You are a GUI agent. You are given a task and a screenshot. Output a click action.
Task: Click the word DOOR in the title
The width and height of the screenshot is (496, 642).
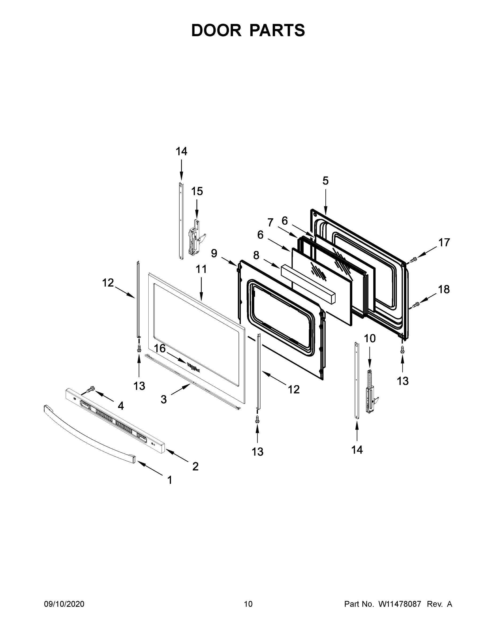pos(216,30)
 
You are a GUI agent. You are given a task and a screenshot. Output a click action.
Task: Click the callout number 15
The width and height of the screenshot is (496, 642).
pos(197,191)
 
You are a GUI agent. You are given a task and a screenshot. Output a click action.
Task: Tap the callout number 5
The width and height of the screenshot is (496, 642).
pos(325,181)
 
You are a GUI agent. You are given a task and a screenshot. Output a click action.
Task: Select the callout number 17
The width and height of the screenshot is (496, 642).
pos(444,243)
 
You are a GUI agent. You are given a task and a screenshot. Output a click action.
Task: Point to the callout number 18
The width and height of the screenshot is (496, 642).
pos(444,289)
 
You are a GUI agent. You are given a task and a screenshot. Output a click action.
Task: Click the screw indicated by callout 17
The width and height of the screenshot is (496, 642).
pos(414,259)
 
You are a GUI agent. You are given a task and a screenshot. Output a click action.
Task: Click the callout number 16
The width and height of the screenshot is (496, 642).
pos(160,349)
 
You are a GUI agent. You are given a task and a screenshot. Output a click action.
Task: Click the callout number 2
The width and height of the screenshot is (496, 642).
pos(195,466)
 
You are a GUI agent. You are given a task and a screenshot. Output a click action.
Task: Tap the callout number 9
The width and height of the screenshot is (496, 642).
pos(214,253)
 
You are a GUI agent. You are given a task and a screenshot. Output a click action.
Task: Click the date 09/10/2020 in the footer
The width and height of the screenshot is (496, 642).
pos(64,604)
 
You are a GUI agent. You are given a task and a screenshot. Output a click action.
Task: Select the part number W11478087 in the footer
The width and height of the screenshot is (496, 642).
pos(400,604)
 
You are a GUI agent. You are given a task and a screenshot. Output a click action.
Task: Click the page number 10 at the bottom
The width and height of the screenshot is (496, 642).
pos(248,604)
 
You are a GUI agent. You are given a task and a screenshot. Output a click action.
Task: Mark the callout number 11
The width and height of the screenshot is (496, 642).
pos(201,269)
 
